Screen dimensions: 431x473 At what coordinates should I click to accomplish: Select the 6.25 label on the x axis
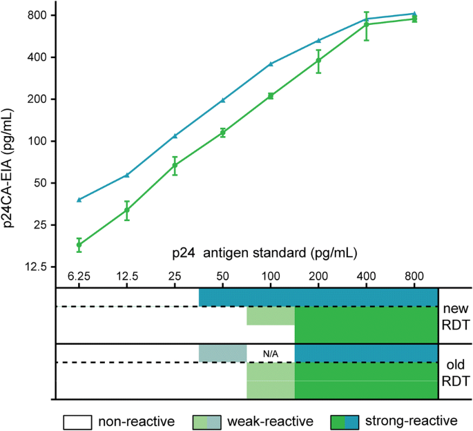(x=79, y=276)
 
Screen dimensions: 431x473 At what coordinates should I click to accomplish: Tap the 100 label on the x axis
(x=271, y=276)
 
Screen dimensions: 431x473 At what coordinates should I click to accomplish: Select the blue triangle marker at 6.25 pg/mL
(x=79, y=200)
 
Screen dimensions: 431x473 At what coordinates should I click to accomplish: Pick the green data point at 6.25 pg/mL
(x=79, y=245)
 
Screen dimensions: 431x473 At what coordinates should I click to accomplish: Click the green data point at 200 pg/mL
(x=318, y=61)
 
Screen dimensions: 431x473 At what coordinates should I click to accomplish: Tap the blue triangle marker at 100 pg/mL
(x=271, y=64)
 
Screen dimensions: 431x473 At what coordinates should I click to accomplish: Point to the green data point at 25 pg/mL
(x=175, y=166)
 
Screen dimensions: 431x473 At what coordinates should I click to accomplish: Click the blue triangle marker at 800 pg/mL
(x=414, y=14)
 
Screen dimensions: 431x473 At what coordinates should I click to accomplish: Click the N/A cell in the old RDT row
(x=271, y=354)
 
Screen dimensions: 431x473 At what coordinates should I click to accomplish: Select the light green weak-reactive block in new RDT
(x=271, y=316)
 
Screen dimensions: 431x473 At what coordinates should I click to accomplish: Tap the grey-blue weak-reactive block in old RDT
(x=222, y=352)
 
